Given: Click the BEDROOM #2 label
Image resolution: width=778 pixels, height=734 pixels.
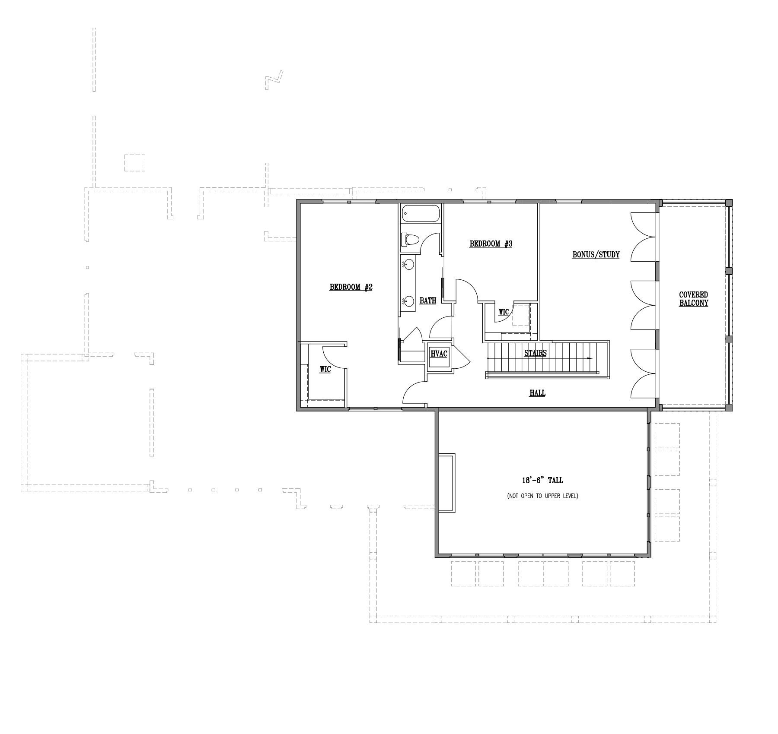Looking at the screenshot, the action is click(351, 287).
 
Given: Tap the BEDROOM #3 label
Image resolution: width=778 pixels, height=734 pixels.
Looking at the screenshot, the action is click(491, 244).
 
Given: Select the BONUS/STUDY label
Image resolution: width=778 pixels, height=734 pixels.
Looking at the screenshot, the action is click(596, 255).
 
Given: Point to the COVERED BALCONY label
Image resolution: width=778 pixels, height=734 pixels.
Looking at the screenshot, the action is click(694, 299).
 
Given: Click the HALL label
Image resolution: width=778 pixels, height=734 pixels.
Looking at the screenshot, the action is click(537, 393).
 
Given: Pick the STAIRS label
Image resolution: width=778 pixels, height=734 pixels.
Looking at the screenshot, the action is click(536, 353).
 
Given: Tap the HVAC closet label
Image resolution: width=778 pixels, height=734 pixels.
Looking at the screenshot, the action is click(439, 354).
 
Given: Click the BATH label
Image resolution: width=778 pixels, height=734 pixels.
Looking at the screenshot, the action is click(428, 301).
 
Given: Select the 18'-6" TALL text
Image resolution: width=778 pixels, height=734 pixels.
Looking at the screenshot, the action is click(542, 480).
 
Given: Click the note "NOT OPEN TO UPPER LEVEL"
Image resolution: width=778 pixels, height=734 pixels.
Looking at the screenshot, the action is click(542, 496).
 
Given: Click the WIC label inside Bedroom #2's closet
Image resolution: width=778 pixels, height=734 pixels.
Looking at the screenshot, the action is click(325, 370).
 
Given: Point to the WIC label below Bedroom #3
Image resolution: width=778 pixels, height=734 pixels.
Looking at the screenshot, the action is click(504, 312).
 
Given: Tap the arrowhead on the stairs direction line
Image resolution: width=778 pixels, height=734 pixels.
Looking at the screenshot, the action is click(590, 358).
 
